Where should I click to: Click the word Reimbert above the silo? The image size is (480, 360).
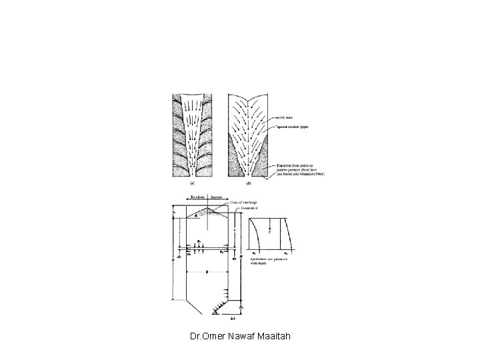point(195,197)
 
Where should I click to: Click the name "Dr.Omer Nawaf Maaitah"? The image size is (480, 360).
point(240,338)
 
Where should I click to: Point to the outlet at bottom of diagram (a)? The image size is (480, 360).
point(193,175)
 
